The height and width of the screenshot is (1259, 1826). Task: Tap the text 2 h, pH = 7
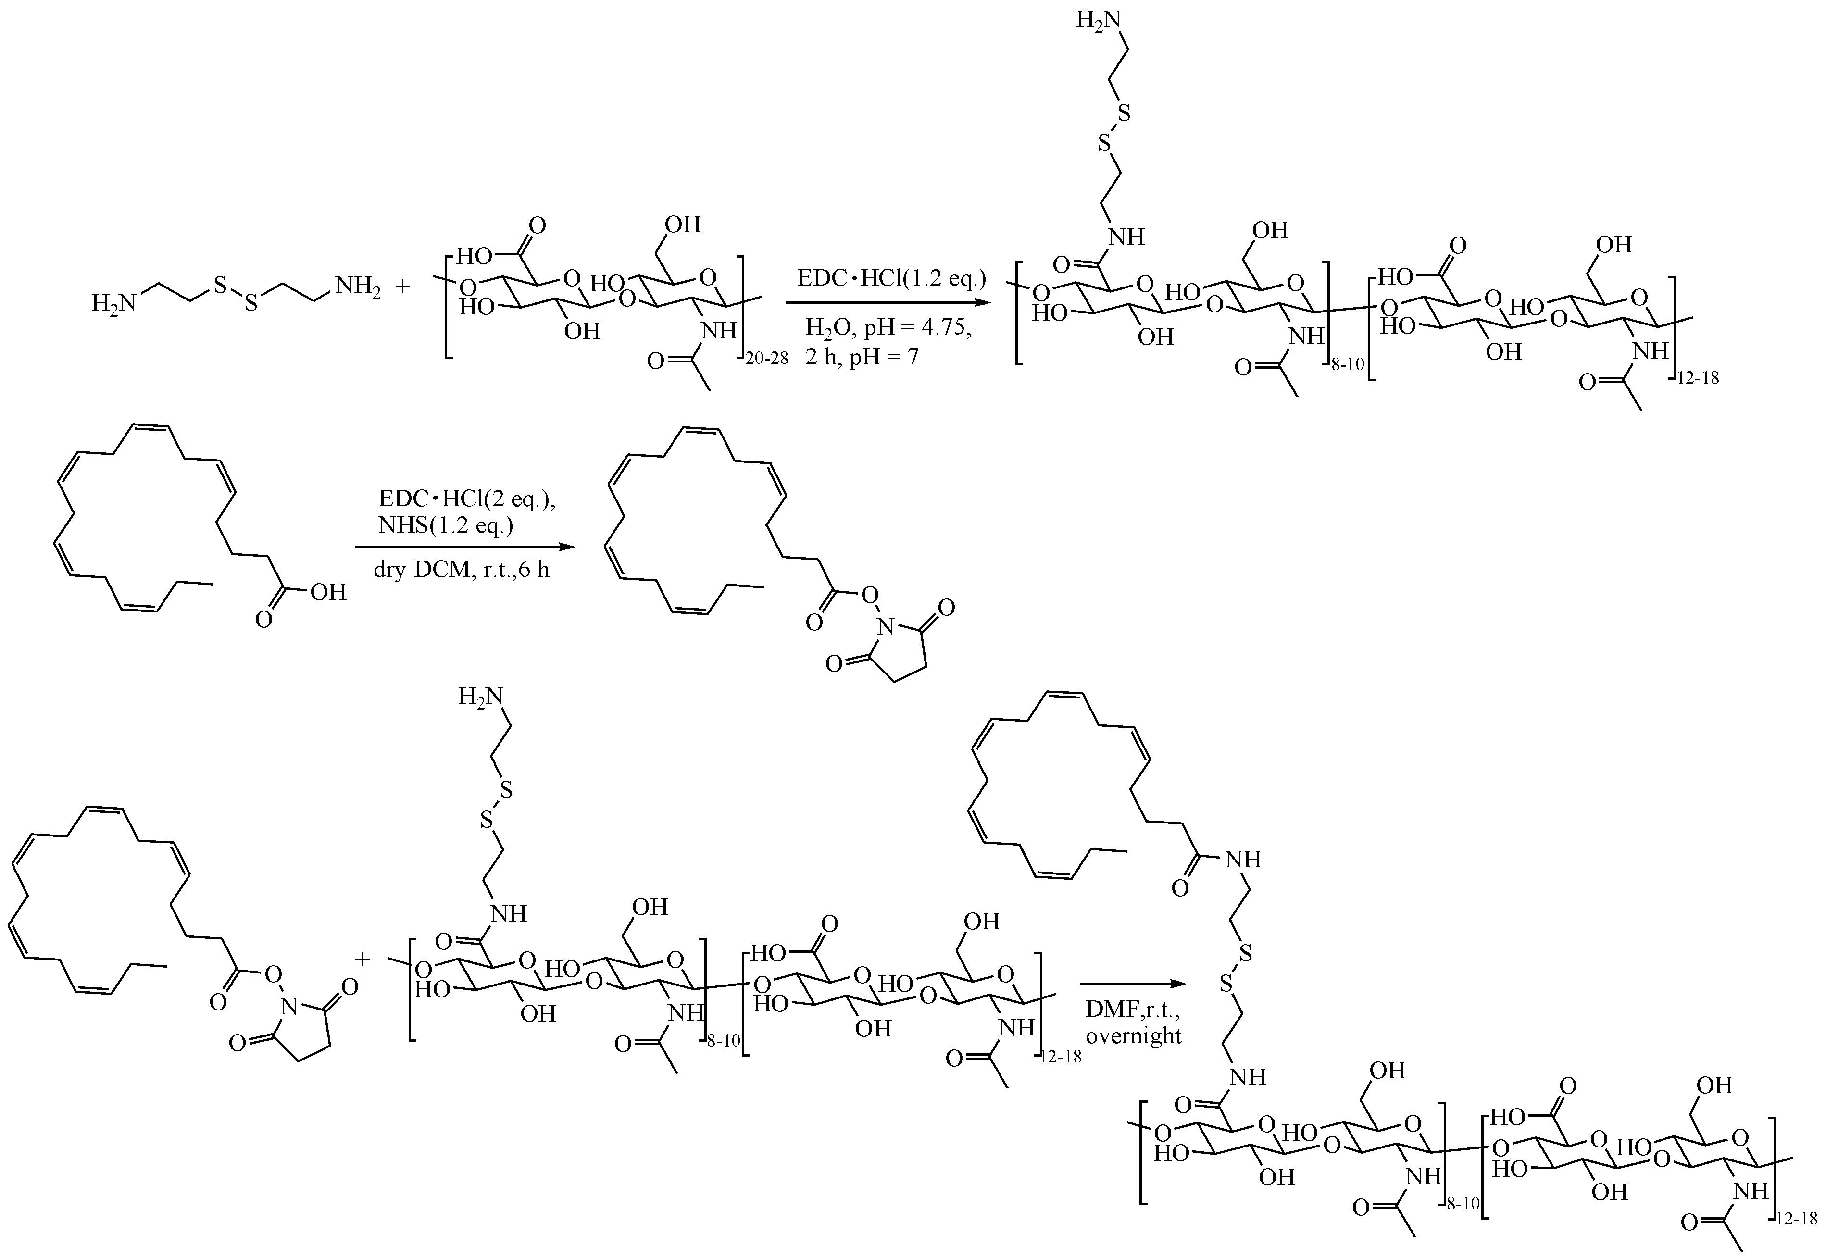(x=862, y=357)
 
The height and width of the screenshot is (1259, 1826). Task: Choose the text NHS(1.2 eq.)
(x=446, y=525)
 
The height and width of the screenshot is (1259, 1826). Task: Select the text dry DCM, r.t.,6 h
(x=462, y=570)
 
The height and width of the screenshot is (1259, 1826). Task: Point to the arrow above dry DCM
(x=462, y=547)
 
